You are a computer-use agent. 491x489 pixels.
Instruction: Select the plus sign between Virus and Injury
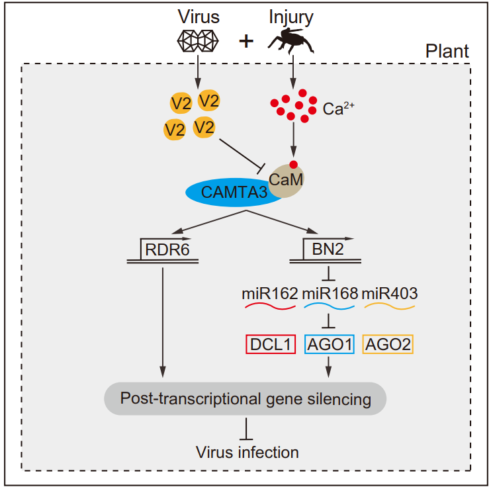tap(246, 41)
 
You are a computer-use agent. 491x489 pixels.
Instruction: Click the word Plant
tap(447, 51)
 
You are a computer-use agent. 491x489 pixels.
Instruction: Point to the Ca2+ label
tap(339, 108)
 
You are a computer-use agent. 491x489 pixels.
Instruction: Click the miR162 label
tap(271, 292)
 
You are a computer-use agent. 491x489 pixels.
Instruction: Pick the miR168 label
tap(330, 292)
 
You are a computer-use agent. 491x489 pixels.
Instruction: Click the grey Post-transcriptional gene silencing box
tap(245, 399)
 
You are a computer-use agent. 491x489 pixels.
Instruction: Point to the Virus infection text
tap(247, 453)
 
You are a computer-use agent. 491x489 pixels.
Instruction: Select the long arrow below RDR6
tap(163, 318)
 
